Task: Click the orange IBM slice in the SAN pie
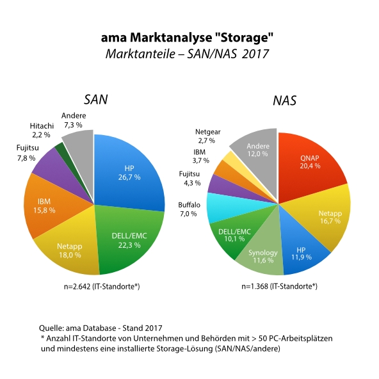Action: coord(45,206)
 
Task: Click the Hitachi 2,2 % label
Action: coord(42,131)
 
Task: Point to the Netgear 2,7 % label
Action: coord(207,136)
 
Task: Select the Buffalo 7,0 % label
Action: coord(189,209)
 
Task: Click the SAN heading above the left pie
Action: coord(96,100)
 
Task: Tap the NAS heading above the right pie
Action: coord(284,101)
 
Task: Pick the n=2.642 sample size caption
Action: coord(102,287)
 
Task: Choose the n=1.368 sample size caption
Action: coord(279,286)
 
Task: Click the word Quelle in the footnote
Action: coord(51,328)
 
